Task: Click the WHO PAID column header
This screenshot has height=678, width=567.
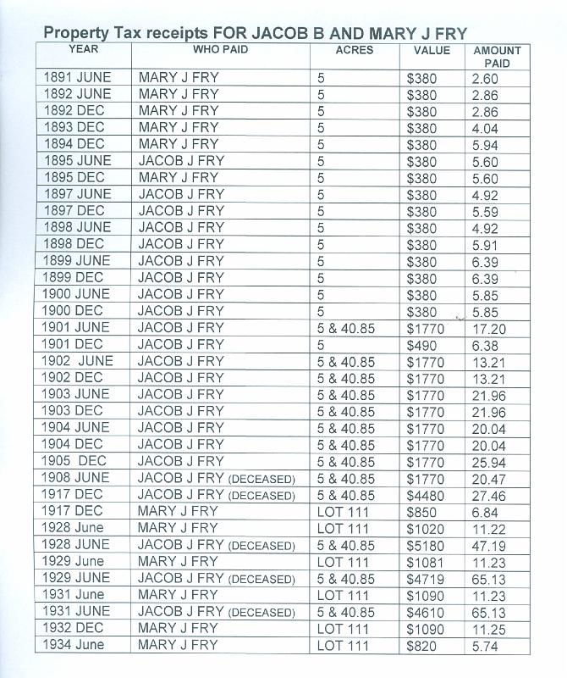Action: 220,50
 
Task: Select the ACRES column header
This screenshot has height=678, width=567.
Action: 354,50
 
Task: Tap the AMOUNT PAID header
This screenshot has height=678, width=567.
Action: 497,57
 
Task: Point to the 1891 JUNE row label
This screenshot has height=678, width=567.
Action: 77,78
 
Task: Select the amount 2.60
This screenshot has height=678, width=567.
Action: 485,78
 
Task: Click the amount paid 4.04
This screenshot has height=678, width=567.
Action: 485,128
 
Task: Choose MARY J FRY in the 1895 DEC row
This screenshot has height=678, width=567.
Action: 178,178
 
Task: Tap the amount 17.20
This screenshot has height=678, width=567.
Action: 488,328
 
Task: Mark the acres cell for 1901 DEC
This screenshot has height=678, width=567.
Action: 322,345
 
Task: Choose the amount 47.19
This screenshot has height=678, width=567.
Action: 488,544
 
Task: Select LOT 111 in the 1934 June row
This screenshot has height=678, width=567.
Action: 343,645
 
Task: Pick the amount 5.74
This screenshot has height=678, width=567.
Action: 485,645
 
